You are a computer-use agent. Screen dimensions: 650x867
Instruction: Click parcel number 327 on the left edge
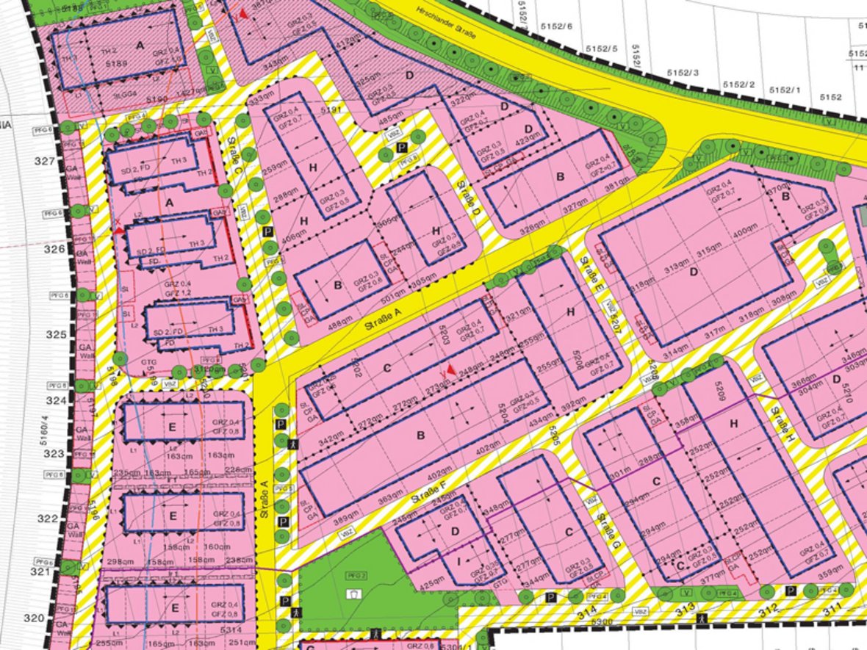(x=46, y=162)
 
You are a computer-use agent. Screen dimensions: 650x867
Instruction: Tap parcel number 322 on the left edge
(x=46, y=519)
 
